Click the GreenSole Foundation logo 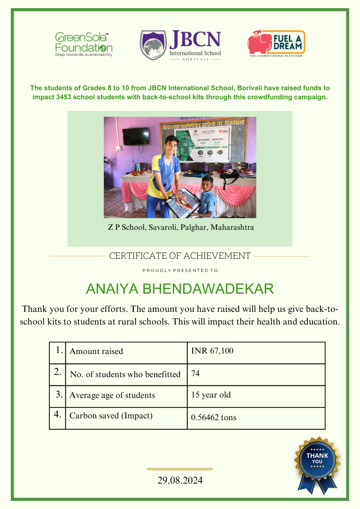click(83, 44)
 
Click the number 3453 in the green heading click(86, 97)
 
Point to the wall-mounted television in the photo click(136, 136)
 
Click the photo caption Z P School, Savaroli click(180, 227)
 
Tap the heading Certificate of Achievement click(180, 256)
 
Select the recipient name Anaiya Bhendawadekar click(180, 289)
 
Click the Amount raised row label click(96, 351)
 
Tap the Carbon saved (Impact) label click(111, 416)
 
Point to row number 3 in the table click(59, 394)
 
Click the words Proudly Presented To click(180, 270)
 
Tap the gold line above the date click(180, 469)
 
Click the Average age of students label click(112, 395)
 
